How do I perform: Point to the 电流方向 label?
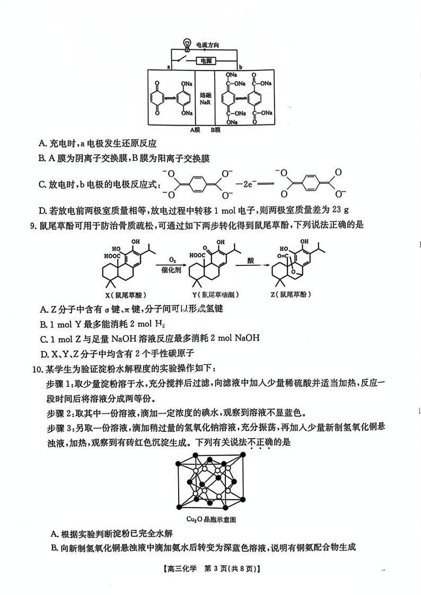coord(207,46)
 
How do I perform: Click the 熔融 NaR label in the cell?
coord(205,99)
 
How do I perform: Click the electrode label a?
coord(169,67)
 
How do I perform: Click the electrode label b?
coord(241,67)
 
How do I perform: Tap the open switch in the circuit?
coord(183,60)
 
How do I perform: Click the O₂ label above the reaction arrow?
coord(173,260)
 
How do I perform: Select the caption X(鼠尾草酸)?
coord(125,295)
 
